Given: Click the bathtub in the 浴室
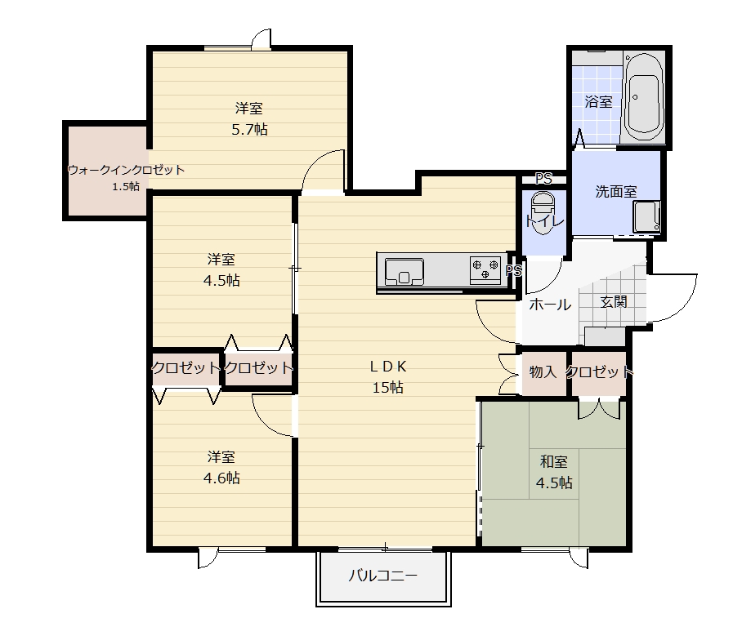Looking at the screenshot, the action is tap(644, 98).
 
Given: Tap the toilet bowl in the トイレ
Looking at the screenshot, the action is tap(543, 211).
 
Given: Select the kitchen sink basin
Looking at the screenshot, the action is tap(404, 271).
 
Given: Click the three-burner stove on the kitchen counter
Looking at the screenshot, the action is tap(485, 269).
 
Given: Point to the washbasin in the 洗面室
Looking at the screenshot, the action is tap(646, 216).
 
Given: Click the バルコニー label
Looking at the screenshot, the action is tap(383, 576).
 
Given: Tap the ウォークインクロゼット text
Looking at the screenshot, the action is tap(126, 170).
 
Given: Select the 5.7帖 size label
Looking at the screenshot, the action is tap(249, 129).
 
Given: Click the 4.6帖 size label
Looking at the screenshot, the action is tap(221, 478).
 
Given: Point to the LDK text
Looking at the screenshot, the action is tap(388, 367).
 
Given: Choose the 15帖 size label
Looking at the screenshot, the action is tap(387, 388).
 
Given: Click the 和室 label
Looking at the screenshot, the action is tap(554, 462).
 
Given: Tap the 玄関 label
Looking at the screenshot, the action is tap(614, 302).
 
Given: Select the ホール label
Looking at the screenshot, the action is tap(550, 305).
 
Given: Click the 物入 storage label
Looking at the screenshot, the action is tap(543, 372).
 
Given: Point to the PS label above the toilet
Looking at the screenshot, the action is tap(543, 178).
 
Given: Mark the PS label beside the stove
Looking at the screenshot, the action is tap(514, 271).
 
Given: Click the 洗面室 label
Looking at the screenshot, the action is tap(616, 192).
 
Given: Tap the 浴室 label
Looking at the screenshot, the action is tap(598, 101).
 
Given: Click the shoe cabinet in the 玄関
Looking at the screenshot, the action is tap(605, 336).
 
